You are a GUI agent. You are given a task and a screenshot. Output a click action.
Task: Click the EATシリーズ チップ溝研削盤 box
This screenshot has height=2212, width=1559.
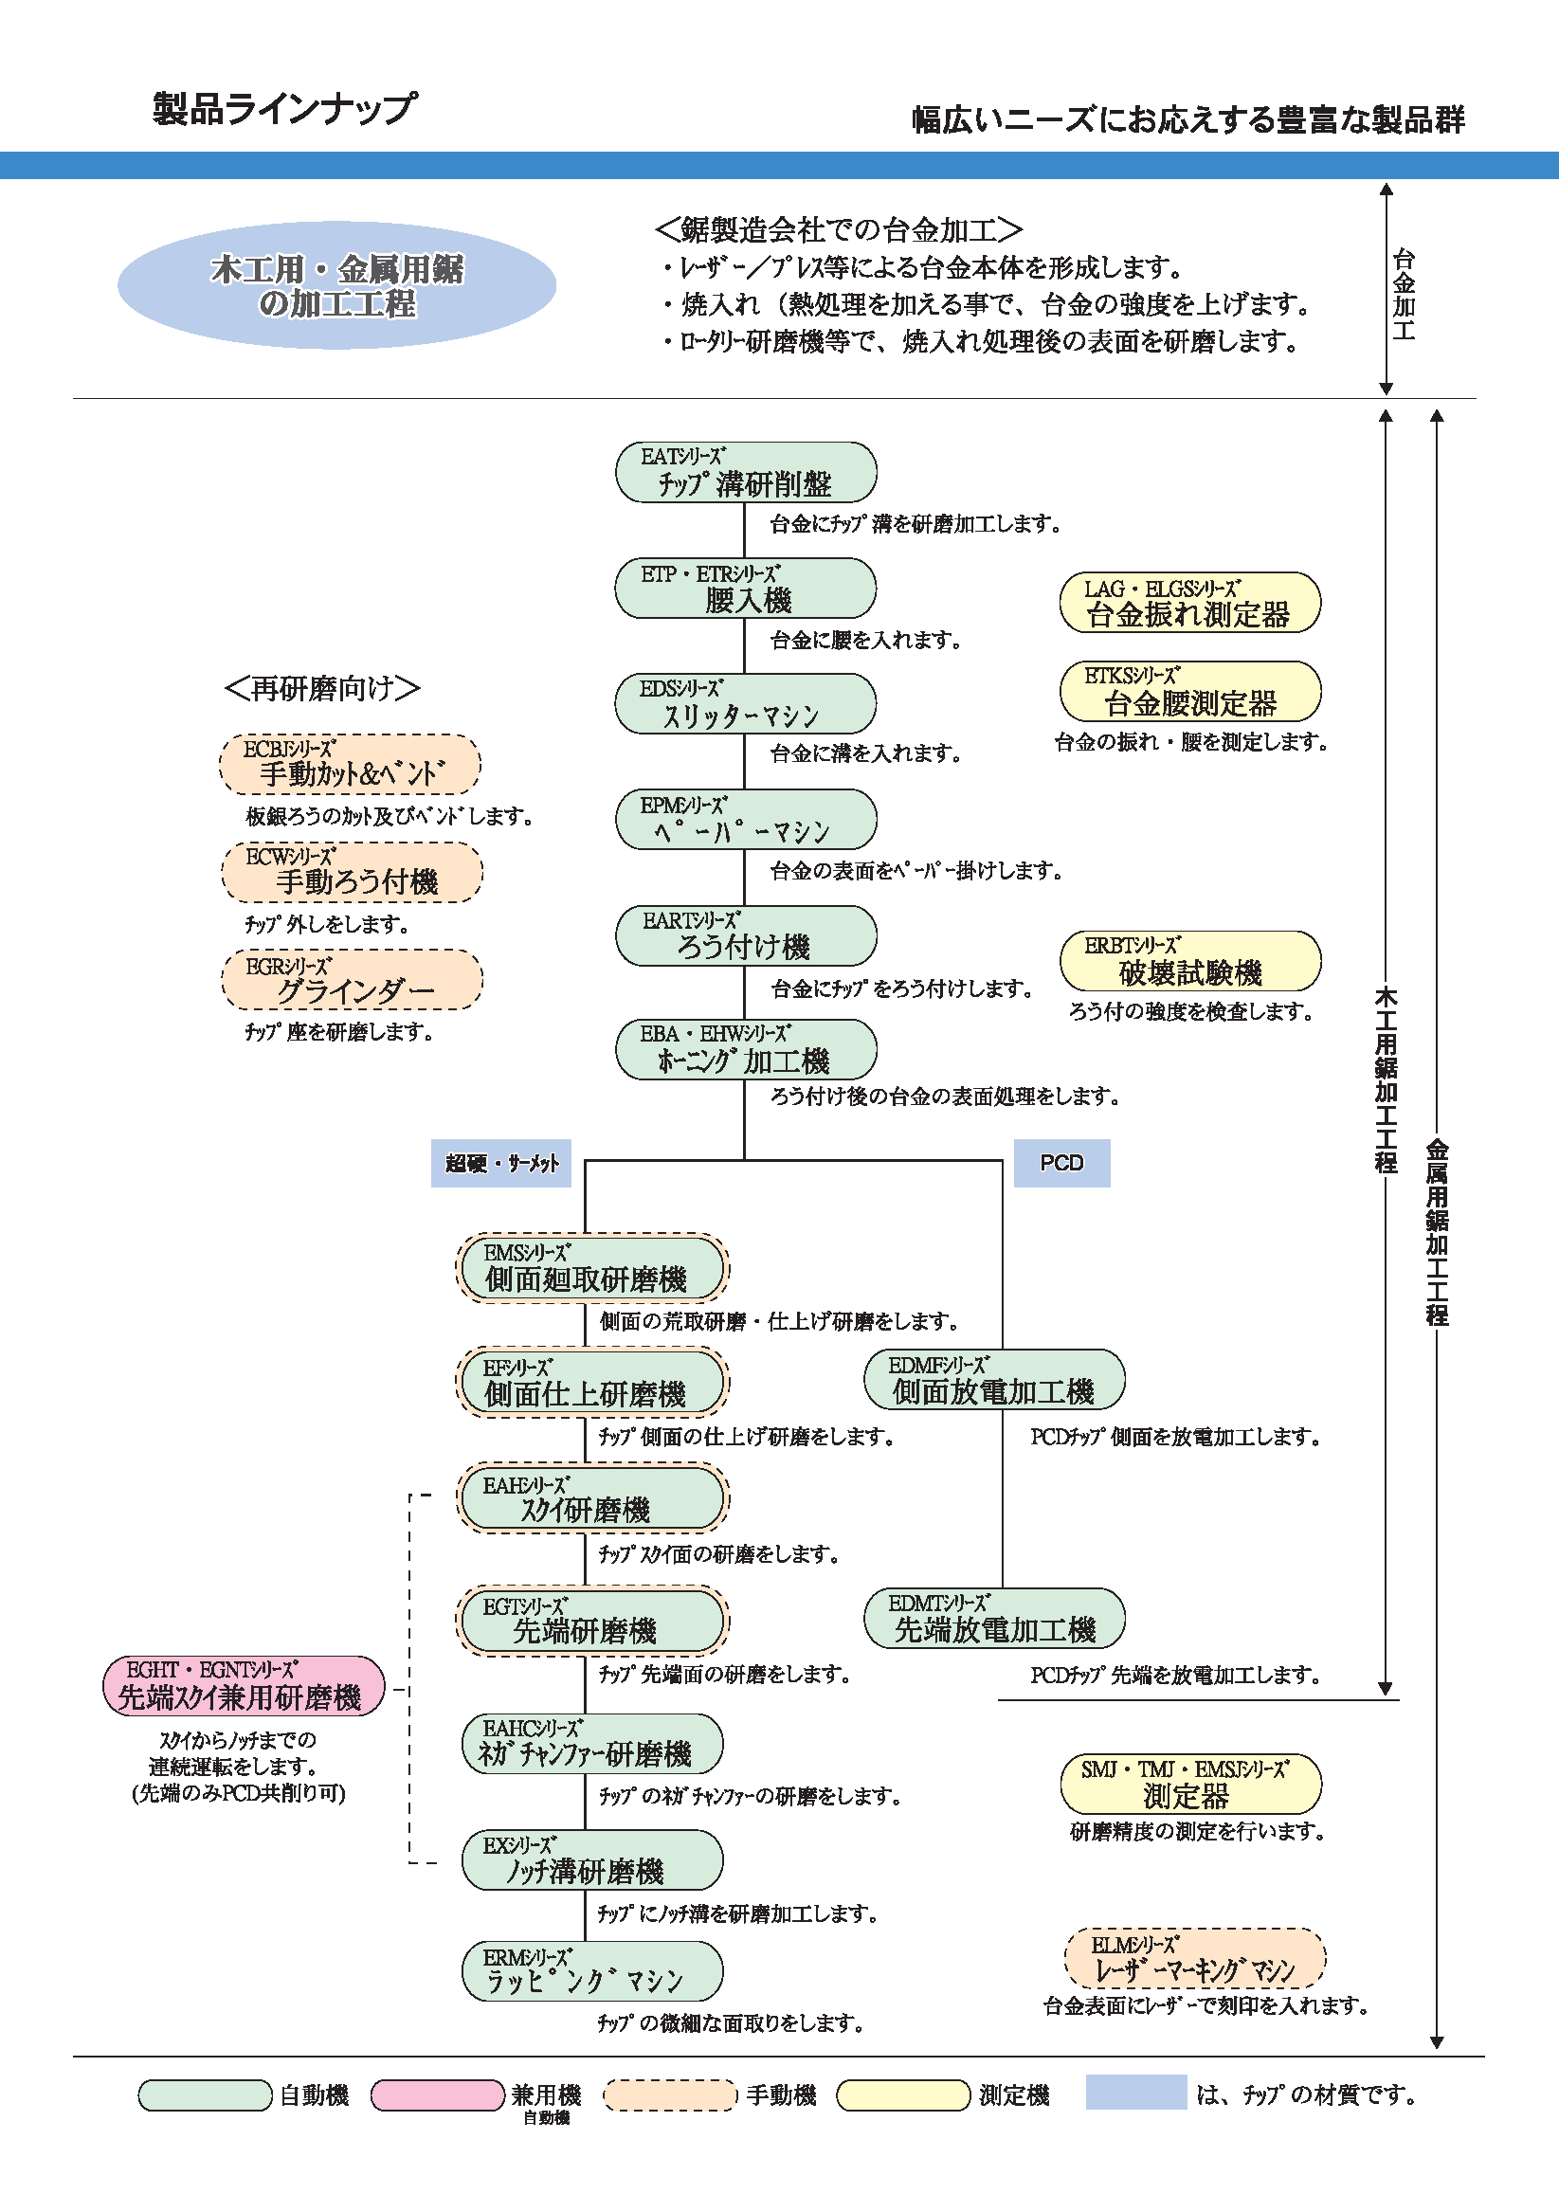(746, 472)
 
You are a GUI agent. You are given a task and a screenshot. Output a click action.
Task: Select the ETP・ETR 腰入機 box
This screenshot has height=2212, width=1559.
(746, 588)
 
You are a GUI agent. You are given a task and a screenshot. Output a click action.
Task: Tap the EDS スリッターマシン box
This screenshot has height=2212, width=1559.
(746, 703)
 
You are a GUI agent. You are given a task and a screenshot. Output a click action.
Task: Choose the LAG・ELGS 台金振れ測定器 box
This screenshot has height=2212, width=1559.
(1190, 602)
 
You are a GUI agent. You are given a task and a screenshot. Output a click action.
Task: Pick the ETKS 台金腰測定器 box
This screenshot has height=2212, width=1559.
(1190, 691)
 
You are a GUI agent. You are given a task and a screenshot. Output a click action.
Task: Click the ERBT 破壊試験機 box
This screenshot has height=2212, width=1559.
(1190, 961)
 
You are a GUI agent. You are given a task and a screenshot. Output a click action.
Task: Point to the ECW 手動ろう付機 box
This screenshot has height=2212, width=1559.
(353, 872)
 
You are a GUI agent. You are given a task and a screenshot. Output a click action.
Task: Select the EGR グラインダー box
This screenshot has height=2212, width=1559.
(353, 980)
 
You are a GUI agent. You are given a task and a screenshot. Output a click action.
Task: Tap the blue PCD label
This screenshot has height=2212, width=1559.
(1061, 1163)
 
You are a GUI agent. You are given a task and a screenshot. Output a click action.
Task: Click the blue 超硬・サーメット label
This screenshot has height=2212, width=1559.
(501, 1163)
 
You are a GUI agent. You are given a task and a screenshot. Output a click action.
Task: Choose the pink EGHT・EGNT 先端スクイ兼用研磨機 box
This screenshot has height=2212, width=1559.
(243, 1686)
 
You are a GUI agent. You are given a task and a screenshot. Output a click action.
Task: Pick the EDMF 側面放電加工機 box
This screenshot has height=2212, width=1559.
(994, 1380)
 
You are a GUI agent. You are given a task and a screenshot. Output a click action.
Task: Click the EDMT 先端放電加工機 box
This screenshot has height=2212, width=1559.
(994, 1619)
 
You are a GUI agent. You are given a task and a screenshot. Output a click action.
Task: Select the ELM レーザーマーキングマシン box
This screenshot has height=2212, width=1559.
(1195, 1959)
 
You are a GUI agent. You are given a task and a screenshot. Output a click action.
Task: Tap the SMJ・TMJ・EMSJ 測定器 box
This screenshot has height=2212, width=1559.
(1191, 1785)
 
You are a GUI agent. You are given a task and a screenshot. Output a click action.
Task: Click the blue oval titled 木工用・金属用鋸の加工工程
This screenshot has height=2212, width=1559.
(337, 285)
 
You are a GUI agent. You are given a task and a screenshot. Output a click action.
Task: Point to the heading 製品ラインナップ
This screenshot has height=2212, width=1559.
(285, 108)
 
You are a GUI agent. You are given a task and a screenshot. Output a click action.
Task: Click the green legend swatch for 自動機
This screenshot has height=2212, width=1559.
(206, 2094)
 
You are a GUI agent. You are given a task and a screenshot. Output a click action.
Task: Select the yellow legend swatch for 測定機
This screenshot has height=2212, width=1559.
(903, 2094)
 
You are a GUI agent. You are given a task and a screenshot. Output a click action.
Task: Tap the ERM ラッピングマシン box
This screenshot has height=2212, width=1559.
(591, 1970)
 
